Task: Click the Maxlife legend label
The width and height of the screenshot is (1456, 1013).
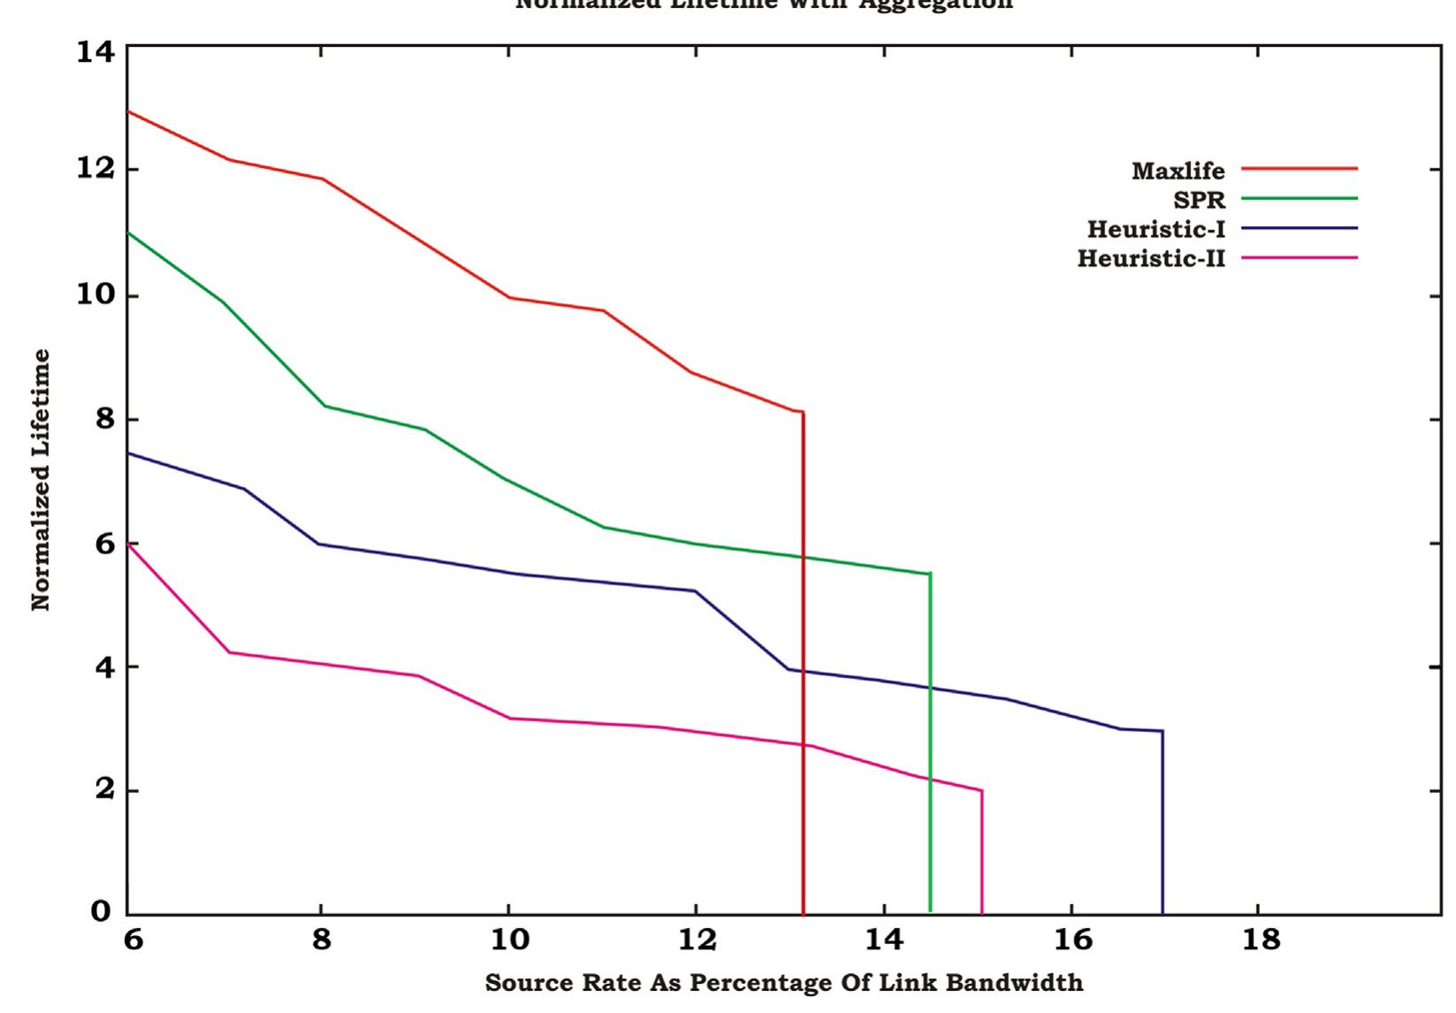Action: click(1178, 171)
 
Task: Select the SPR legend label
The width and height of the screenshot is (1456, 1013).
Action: click(1199, 200)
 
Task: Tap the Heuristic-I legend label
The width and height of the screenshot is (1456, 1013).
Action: click(1155, 229)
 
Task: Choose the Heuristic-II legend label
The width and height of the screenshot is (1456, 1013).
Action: click(1151, 258)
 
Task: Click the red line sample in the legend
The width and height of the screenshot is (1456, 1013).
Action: click(1299, 168)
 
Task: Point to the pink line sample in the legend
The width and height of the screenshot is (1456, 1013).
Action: click(1299, 258)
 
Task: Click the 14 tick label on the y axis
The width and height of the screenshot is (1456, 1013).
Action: click(95, 52)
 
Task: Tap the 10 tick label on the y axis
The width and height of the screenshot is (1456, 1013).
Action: click(95, 294)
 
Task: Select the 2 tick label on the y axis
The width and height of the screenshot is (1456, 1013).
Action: click(104, 789)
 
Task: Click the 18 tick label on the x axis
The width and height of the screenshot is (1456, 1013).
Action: click(1261, 940)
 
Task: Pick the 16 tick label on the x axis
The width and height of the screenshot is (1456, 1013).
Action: click(1072, 940)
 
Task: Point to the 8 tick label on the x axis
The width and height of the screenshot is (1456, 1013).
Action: click(322, 940)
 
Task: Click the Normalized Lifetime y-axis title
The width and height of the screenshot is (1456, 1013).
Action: click(41, 479)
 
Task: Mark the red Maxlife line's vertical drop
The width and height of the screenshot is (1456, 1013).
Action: click(803, 663)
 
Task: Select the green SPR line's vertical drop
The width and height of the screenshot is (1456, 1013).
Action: click(930, 743)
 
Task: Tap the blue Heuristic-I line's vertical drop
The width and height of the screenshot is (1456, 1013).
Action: click(1162, 822)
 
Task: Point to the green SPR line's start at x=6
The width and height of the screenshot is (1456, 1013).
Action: click(130, 232)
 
